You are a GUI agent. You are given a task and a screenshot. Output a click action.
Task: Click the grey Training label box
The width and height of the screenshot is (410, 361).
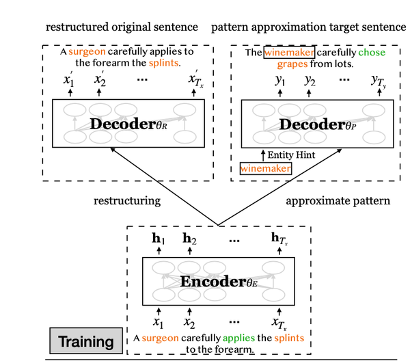tap(85, 340)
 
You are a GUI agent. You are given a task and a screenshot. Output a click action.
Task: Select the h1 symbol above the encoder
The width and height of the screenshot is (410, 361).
tap(158, 240)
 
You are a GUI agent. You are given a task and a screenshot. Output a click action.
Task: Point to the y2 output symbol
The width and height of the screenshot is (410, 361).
tap(309, 81)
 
